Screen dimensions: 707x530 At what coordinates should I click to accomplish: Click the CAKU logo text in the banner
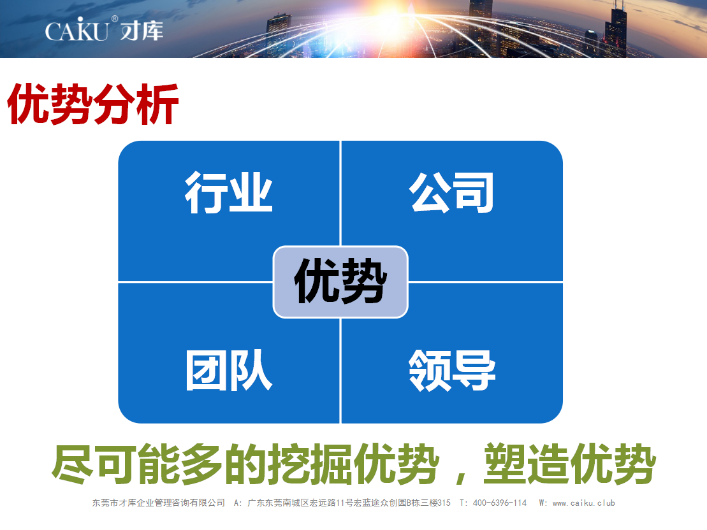click(77, 30)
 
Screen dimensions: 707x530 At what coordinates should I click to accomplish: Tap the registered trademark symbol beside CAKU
click(115, 19)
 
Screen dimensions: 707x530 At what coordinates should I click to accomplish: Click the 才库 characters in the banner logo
click(142, 31)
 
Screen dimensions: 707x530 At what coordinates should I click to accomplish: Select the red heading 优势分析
click(93, 104)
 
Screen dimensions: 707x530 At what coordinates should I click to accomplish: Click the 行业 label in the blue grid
click(229, 192)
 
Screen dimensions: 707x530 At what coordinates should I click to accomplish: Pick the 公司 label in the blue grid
click(451, 192)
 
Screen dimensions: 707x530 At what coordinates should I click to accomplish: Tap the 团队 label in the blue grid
click(229, 370)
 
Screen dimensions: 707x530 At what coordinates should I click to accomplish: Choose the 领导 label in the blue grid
click(452, 370)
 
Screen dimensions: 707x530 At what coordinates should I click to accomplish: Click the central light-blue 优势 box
click(340, 282)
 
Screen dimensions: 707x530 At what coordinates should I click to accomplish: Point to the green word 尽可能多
click(137, 464)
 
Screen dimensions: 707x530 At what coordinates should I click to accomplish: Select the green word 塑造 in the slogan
click(527, 464)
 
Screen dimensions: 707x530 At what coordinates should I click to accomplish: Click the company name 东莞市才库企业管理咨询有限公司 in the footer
click(159, 503)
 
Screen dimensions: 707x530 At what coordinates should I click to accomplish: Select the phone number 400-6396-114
click(500, 503)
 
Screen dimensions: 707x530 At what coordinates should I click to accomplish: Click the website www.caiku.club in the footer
click(584, 503)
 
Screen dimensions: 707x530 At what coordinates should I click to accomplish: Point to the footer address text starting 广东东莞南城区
click(349, 503)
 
